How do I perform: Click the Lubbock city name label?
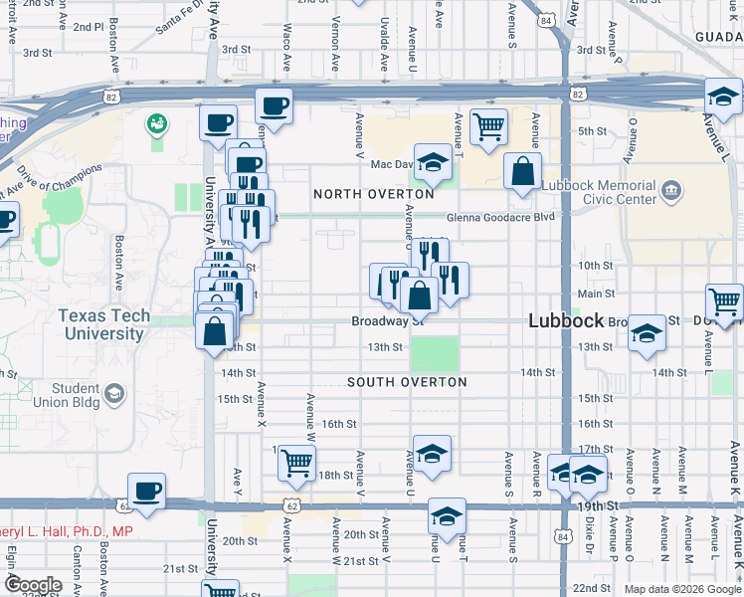[x=567, y=320]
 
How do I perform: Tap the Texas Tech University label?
[x=103, y=324]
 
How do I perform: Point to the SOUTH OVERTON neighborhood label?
[x=407, y=382]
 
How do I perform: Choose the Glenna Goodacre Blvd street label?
[x=499, y=216]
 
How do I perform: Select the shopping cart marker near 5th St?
[x=488, y=127]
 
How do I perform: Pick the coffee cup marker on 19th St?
[x=147, y=491]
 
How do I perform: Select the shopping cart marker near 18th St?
[x=296, y=462]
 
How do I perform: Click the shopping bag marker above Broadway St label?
[x=420, y=295]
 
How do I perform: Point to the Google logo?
[x=34, y=585]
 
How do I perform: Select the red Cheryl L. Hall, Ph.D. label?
[x=67, y=532]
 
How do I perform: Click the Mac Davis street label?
[x=391, y=164]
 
